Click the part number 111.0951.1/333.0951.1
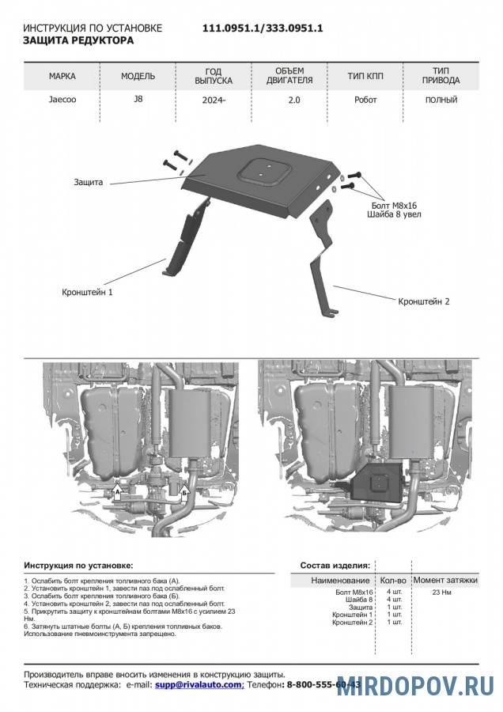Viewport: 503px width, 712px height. coord(263,28)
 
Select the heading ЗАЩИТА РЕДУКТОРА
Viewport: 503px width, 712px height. coord(78,40)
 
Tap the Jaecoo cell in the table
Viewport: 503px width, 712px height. coord(62,100)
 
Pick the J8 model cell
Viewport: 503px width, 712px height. coord(138,100)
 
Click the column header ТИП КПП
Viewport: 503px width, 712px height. coord(365,78)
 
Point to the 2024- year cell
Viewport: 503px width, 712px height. coord(213,100)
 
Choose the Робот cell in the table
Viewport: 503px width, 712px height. coord(365,100)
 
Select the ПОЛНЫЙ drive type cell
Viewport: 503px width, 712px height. coord(441,100)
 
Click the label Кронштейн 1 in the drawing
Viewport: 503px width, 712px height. coord(88,292)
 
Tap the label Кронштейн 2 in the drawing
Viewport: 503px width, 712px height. coord(424,301)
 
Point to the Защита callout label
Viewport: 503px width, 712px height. coord(89,182)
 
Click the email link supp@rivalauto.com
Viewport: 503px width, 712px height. coord(199,684)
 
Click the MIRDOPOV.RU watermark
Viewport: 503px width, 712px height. coord(415,686)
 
